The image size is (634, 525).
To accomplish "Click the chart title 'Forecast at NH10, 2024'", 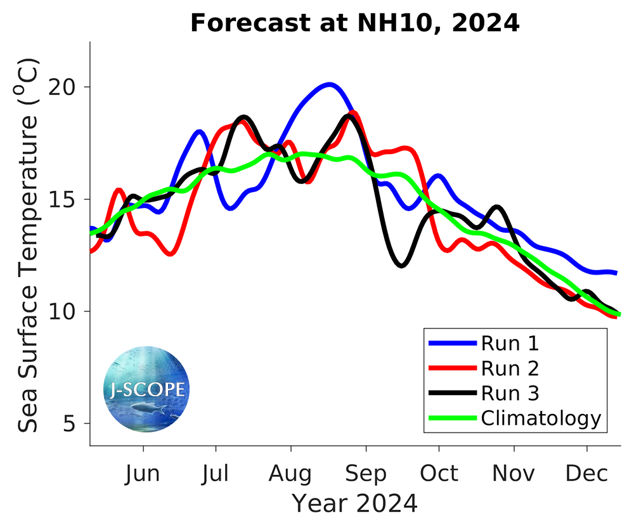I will coord(354,23).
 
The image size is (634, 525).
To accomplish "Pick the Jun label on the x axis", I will coord(143,473).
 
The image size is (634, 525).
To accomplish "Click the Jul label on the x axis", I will coord(216,473).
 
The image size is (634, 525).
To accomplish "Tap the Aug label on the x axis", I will coord(290,473).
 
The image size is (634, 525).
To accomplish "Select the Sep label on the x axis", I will coord(366,473).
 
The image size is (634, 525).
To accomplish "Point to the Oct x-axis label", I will coord(439,473).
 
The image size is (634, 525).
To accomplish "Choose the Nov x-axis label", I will coord(514,473).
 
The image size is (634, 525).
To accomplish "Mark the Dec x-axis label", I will coord(587,473).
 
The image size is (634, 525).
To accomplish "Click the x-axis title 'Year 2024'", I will coord(354,503).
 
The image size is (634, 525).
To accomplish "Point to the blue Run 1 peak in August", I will coord(329,84).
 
